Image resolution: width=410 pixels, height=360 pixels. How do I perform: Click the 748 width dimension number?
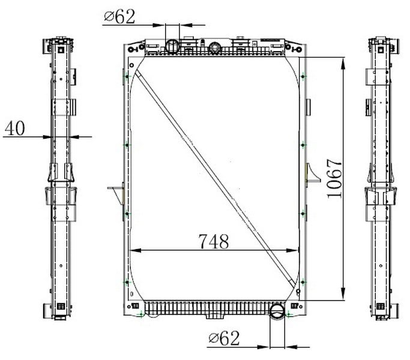click(x=214, y=241)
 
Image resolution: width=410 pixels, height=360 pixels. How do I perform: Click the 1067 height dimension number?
click(x=334, y=179)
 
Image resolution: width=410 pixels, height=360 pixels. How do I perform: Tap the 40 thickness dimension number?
click(x=15, y=128)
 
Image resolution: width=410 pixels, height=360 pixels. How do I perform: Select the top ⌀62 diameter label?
click(x=119, y=16)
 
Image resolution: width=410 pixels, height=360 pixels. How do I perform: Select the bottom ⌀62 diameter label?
click(x=224, y=338)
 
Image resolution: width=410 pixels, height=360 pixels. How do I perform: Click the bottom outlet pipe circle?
click(x=277, y=311)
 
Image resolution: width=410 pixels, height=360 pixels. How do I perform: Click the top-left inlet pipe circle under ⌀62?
click(x=172, y=46)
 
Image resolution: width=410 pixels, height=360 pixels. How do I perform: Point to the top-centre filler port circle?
click(x=215, y=47)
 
